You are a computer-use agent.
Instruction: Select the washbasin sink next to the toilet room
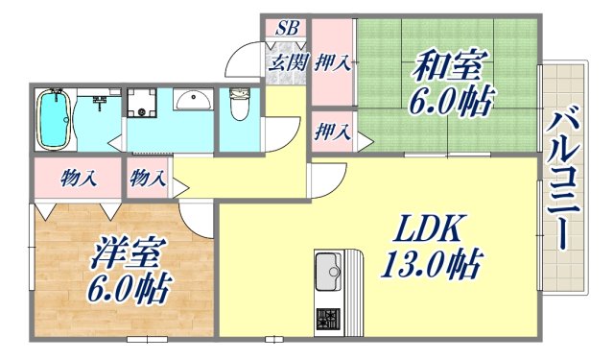coord(195,101)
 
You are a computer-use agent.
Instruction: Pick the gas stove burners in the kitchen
coord(329,319)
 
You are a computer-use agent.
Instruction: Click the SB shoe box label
coord(285,28)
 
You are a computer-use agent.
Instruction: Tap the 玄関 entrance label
coord(285,64)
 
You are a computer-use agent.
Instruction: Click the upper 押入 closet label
coord(332,65)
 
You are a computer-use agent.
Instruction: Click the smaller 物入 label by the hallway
coord(148,177)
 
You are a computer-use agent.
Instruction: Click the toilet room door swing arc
coord(277,131)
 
